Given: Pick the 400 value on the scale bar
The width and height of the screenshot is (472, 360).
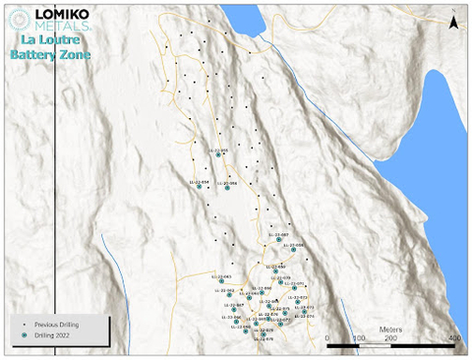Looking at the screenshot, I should point(454,337).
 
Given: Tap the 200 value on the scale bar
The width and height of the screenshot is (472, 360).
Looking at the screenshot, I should point(391,337).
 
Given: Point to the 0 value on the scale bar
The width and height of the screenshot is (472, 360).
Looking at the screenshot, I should point(327,337).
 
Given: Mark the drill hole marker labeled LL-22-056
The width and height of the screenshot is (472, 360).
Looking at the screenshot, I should point(227,189).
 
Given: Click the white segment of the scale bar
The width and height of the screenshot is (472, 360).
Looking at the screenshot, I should point(359,346).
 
